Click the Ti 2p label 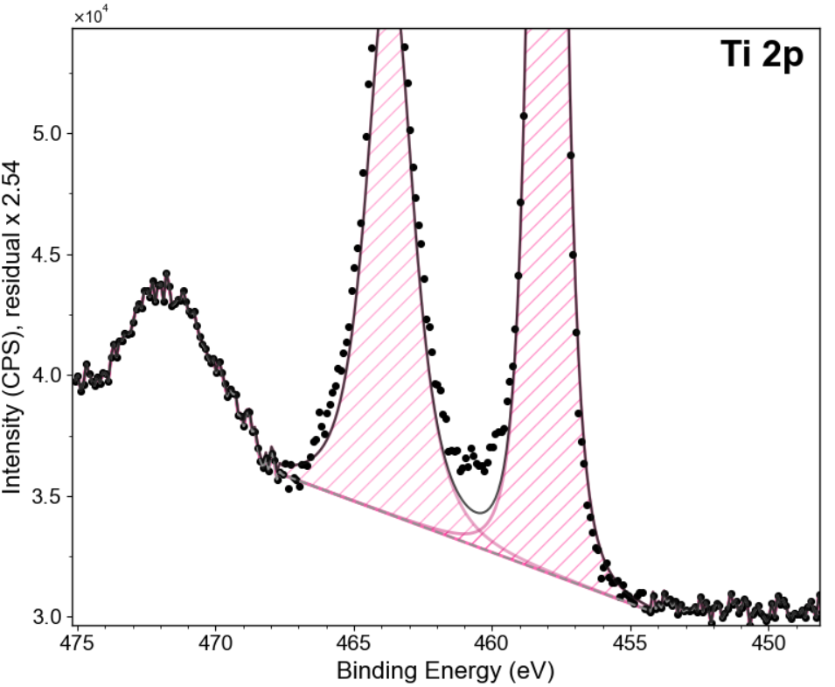762,54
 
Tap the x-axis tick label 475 77,642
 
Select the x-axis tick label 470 215,642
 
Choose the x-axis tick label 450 768,642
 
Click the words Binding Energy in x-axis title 419,671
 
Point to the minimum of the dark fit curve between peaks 482,513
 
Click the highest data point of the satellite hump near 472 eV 166,273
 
